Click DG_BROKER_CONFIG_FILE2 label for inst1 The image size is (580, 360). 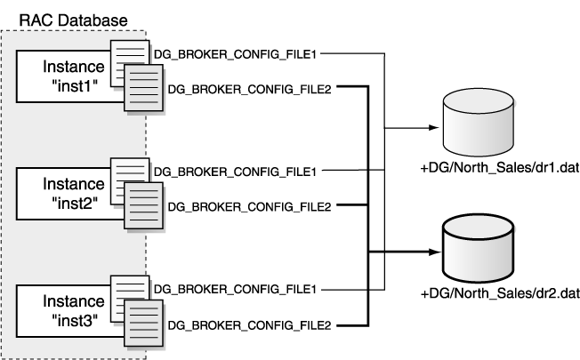click(x=249, y=88)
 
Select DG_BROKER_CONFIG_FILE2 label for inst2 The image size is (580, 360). click(x=249, y=205)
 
